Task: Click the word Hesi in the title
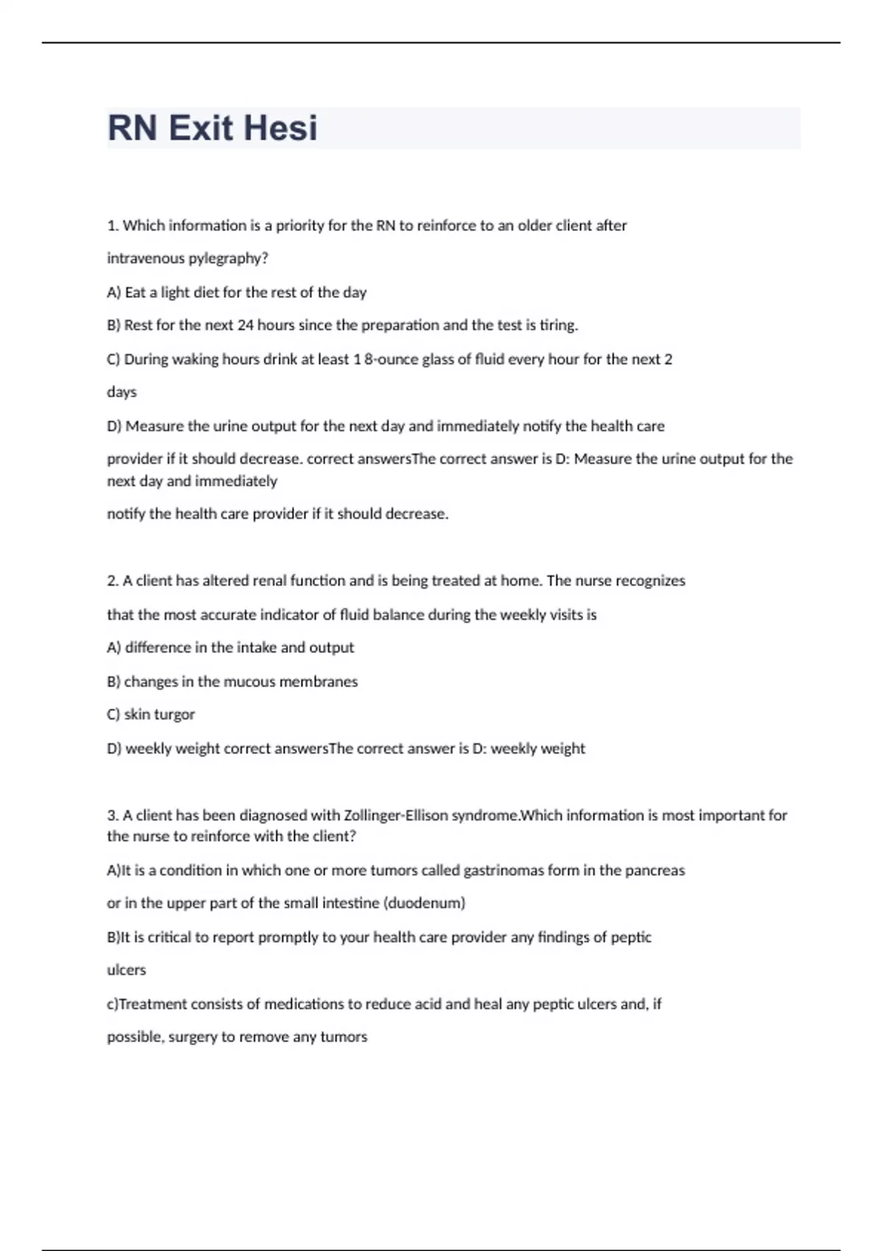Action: point(280,128)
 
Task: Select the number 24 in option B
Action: point(245,325)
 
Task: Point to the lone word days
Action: point(121,392)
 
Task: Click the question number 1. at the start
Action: point(113,226)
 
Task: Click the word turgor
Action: point(174,715)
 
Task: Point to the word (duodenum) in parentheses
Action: point(425,903)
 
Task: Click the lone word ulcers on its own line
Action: point(127,970)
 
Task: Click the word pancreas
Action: point(655,871)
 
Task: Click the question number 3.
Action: point(113,815)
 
